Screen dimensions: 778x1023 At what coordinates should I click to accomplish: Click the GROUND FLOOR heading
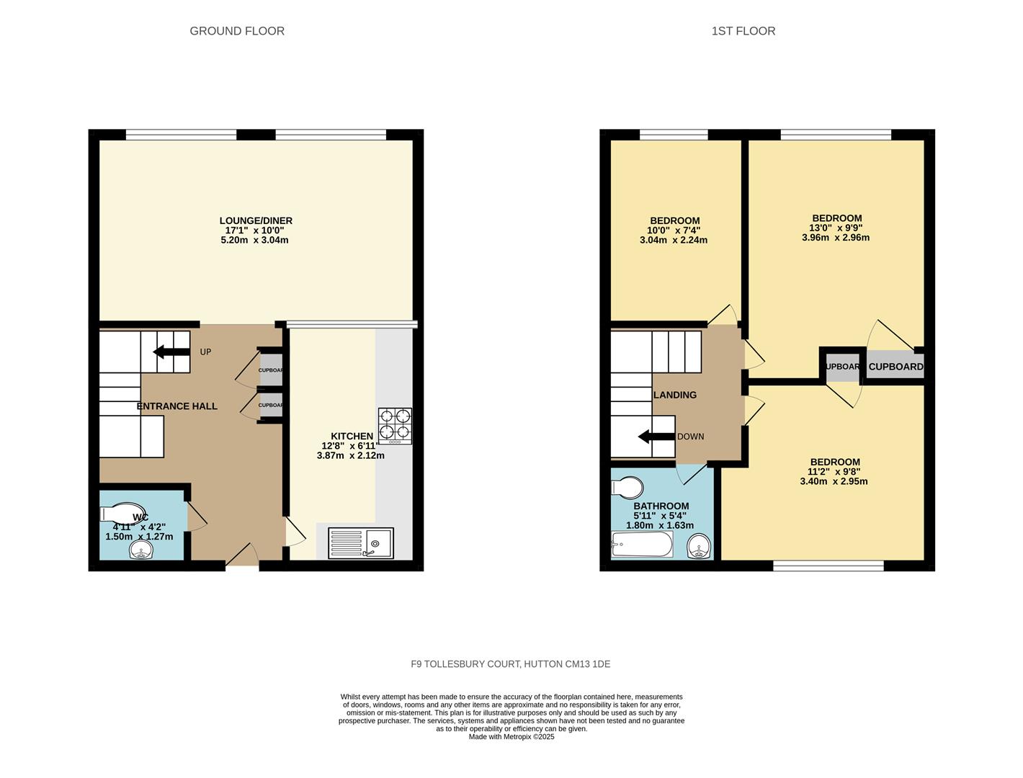point(237,31)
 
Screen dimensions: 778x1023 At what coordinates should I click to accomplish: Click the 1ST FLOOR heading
point(743,31)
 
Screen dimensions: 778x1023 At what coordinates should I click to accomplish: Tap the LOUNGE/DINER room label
point(256,220)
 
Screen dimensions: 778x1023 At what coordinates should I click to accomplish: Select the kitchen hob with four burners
point(395,425)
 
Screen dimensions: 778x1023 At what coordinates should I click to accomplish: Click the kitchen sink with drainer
point(361,543)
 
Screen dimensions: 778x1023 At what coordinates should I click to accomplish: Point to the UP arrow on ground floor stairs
point(168,352)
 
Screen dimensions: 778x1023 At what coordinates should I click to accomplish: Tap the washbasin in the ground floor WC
point(141,551)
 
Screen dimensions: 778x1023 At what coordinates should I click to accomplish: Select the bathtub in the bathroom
point(641,545)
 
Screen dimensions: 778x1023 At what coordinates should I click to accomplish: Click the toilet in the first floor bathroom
point(627,488)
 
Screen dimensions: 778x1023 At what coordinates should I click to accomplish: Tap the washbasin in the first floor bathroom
point(699,550)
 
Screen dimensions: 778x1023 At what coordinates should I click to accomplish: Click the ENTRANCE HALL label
point(177,406)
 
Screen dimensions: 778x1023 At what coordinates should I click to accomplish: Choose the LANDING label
point(674,395)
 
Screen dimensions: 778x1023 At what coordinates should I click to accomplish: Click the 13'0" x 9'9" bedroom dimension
point(836,228)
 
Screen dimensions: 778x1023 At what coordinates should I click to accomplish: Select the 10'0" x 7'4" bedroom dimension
point(674,231)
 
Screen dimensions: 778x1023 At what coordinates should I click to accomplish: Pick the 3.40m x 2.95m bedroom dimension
point(834,481)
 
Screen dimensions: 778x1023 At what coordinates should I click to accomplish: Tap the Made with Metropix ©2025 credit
point(511,737)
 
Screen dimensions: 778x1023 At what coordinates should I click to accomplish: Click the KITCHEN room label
point(352,436)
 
